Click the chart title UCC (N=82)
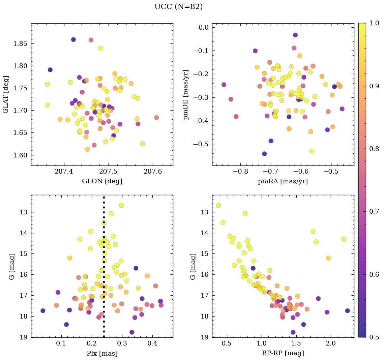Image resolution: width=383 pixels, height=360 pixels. pos(178,7)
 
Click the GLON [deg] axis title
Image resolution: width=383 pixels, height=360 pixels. pos(102,181)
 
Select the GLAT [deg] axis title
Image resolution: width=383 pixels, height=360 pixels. pos(6,94)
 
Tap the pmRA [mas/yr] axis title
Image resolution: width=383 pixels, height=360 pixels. pos(283,181)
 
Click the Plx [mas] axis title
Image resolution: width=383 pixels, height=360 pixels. pos(102,353)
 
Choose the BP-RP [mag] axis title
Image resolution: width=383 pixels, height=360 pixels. pos(283,353)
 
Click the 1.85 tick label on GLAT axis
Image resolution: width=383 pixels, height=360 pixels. pos(20,43)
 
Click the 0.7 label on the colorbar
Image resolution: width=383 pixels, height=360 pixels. pos(374,212)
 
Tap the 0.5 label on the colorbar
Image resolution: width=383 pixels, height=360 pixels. pos(374,337)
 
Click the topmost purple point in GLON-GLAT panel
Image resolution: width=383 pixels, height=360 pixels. pos(73,40)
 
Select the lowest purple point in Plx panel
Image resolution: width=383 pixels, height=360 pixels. pos(132,332)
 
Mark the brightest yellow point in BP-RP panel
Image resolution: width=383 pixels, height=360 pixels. pos(218,205)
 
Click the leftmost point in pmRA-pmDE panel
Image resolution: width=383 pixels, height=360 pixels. pos(224,85)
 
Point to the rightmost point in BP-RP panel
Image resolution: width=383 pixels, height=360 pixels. pos(348,311)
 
